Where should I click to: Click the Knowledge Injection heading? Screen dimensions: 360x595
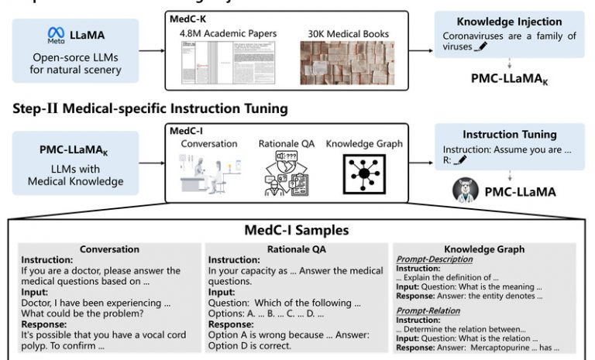click(510, 22)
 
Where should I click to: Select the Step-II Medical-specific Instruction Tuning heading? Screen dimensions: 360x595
click(150, 108)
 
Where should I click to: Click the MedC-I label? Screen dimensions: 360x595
click(187, 131)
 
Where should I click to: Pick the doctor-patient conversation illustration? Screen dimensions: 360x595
click(208, 174)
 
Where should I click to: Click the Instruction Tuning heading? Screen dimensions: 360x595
click(509, 135)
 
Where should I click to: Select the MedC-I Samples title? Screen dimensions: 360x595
click(297, 231)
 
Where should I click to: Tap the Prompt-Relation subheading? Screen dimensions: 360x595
click(428, 310)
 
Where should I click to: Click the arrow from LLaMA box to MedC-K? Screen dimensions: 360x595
click(153, 51)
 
